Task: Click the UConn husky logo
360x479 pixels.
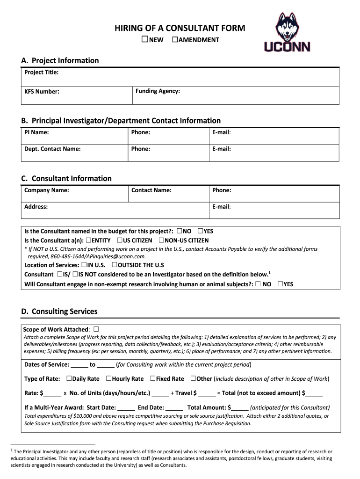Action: [x=287, y=32]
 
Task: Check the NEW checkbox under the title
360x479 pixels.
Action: [x=145, y=39]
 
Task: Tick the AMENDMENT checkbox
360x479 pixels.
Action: [x=175, y=39]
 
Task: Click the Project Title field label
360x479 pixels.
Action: [x=41, y=73]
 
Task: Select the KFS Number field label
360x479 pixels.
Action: [x=42, y=91]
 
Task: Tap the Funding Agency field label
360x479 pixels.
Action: [x=158, y=91]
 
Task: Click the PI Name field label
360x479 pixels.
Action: [x=36, y=132]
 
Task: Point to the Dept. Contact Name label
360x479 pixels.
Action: [x=52, y=149]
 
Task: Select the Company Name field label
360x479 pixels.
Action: [x=47, y=190]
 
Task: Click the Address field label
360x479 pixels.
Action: [x=36, y=206]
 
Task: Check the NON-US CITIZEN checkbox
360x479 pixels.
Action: [x=161, y=240]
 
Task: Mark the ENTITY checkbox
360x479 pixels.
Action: [x=88, y=240]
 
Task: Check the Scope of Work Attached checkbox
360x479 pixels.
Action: [x=96, y=329]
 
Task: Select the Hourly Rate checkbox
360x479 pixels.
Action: [x=108, y=378]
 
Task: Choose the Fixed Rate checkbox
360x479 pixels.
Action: [x=152, y=378]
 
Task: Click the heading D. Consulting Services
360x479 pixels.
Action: [x=59, y=312]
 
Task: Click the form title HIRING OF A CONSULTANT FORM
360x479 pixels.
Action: [x=180, y=28]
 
